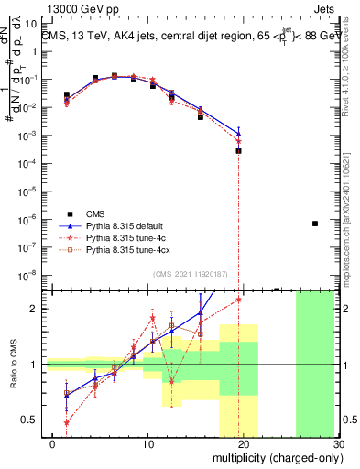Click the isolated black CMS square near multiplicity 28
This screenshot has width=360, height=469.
[x=314, y=224]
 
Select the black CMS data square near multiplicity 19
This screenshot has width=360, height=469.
[x=238, y=150]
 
